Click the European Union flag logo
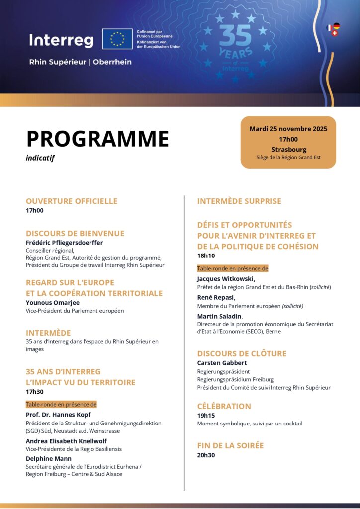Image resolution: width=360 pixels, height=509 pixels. point(117,39)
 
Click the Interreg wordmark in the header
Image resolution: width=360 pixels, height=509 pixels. point(61,40)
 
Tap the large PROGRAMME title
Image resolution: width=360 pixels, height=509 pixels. point(97,139)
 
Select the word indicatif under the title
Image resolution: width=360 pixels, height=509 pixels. point(40,158)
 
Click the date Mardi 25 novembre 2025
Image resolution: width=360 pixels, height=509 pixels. point(288,129)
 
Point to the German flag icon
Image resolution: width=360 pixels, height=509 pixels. point(336,26)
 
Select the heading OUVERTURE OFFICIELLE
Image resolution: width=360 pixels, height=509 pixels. point(72,201)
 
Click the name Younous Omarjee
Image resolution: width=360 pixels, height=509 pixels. point(53,302)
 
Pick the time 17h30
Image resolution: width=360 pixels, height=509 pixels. point(35,392)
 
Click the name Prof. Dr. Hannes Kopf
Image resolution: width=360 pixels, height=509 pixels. point(58,415)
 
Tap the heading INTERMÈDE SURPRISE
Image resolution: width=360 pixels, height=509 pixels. point(239,201)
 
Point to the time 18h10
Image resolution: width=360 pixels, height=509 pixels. point(206,256)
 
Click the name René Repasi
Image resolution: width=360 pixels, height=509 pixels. point(216,297)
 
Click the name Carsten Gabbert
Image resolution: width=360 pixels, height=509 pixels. point(222,363)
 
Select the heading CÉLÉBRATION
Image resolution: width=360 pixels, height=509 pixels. point(224,406)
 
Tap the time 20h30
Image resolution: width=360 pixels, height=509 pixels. point(206,455)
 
